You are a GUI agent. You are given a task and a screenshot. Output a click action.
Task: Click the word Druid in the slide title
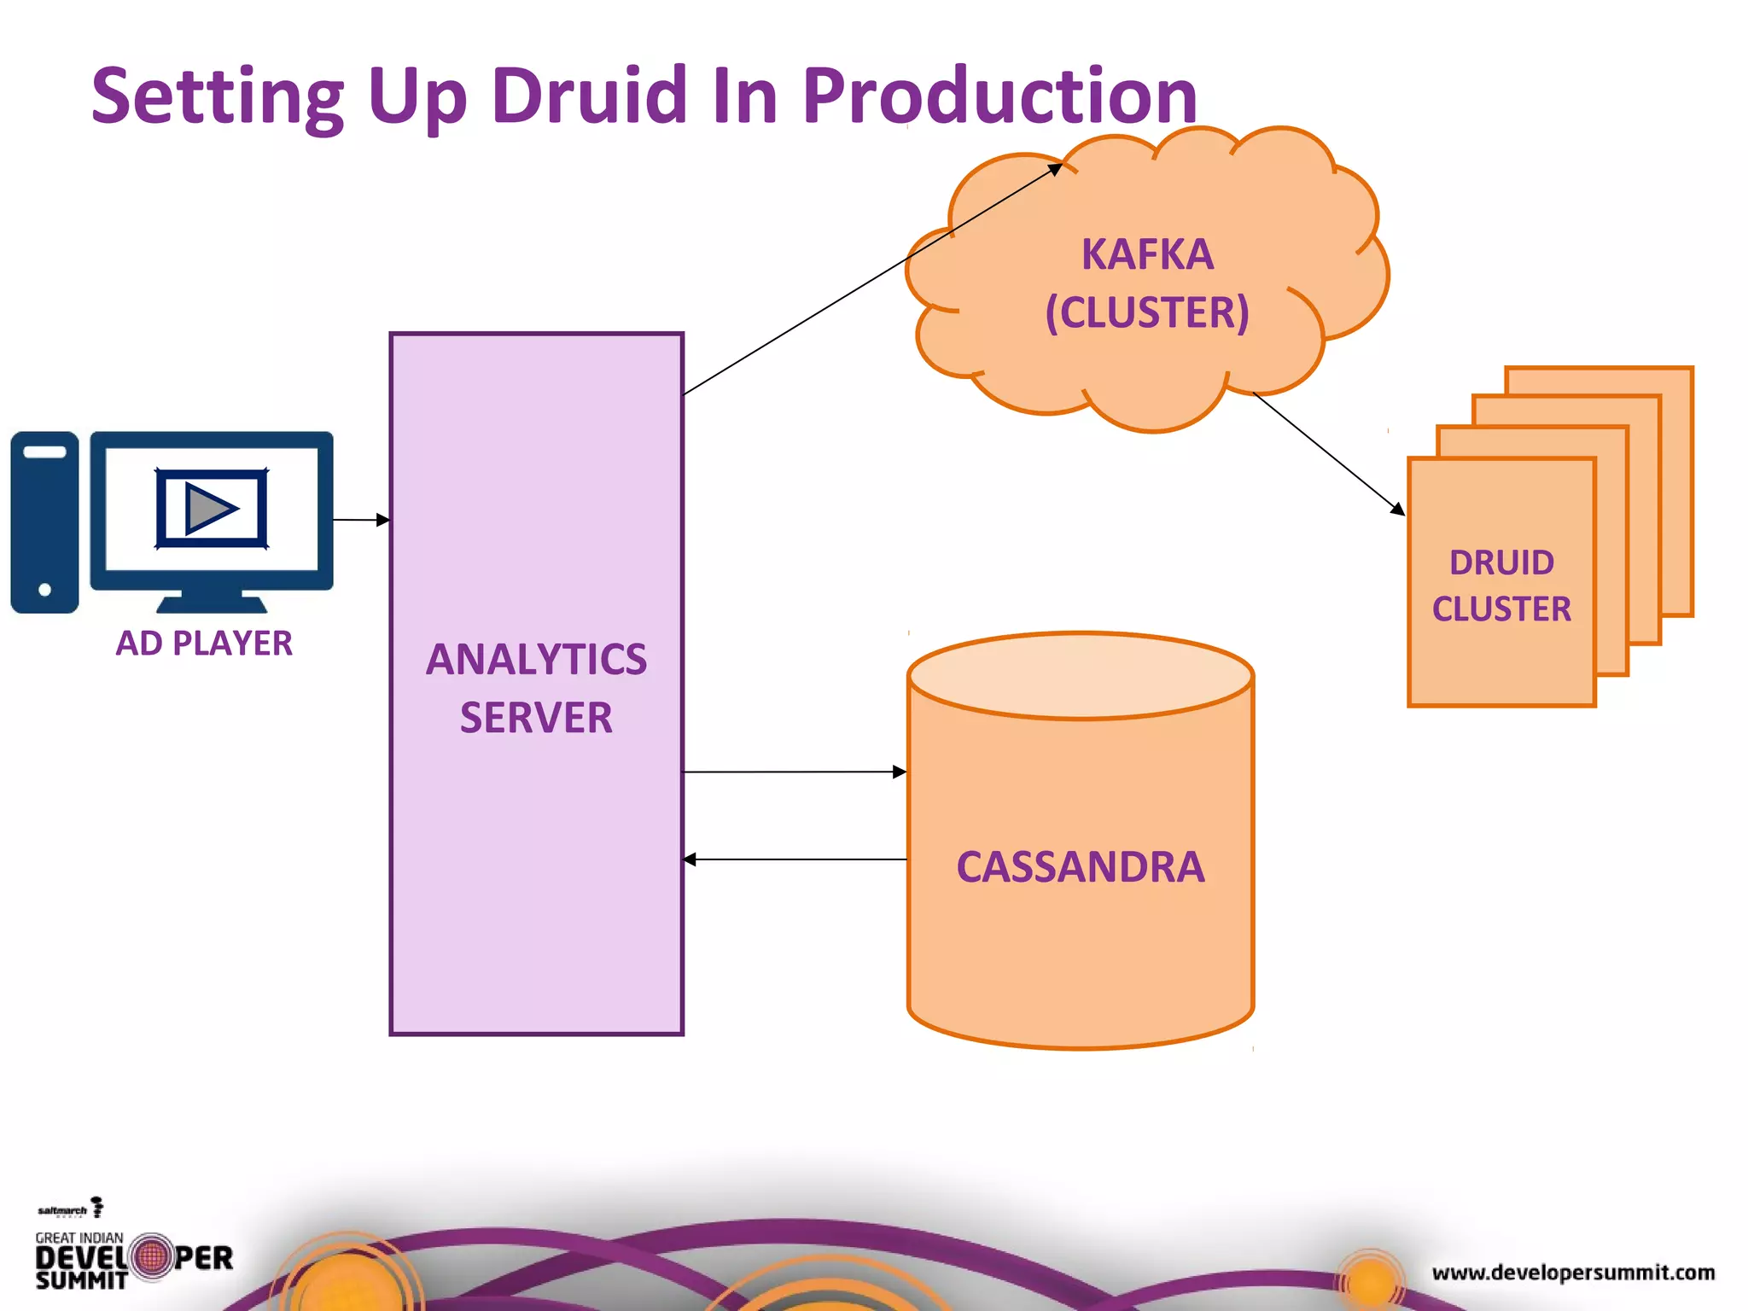[x=588, y=95]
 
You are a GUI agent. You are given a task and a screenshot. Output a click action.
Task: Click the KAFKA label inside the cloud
[x=1147, y=254]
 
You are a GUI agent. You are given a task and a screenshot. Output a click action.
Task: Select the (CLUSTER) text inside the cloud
[x=1147, y=312]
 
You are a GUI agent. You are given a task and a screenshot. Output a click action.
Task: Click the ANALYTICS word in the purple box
[x=536, y=659]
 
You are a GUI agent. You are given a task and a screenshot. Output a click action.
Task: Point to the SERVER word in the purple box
[x=536, y=718]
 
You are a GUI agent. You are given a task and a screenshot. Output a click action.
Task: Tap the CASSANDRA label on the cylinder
[x=1080, y=866]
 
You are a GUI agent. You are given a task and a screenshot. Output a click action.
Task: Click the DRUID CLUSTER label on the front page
[x=1501, y=586]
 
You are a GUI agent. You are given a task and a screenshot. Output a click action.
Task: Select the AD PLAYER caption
[x=204, y=643]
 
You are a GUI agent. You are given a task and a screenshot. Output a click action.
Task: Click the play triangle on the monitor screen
[x=208, y=509]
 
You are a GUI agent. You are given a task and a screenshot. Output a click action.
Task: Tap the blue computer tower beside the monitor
[x=44, y=521]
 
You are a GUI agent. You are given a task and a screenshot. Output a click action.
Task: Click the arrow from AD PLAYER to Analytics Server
[x=360, y=519]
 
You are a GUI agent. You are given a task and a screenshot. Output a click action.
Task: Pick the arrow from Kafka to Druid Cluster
[x=1327, y=452]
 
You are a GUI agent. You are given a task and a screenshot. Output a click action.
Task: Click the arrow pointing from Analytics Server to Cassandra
[x=794, y=772]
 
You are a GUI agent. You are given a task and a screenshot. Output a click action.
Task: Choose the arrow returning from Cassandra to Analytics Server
[x=794, y=859]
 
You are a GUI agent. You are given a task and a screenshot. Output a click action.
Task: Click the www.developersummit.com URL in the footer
[x=1573, y=1273]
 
